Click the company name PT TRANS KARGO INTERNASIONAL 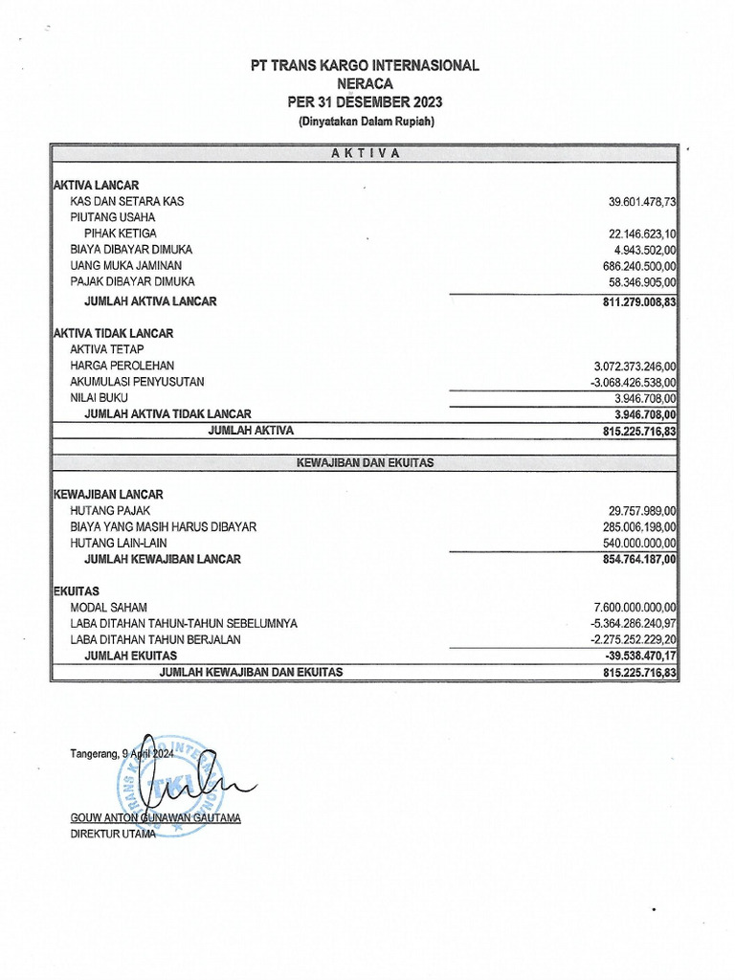point(364,65)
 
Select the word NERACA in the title point(364,83)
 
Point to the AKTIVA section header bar point(364,153)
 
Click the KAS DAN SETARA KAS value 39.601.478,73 point(642,202)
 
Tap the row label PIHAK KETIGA point(121,234)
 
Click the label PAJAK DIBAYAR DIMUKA point(132,281)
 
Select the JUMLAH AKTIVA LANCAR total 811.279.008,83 point(635,301)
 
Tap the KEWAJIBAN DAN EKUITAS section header point(364,462)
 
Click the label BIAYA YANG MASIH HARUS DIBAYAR point(163,526)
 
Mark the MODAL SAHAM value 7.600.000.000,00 point(635,607)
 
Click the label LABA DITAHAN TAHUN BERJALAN point(155,638)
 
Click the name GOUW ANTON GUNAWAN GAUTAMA point(156,818)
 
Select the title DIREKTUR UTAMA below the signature point(113,834)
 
